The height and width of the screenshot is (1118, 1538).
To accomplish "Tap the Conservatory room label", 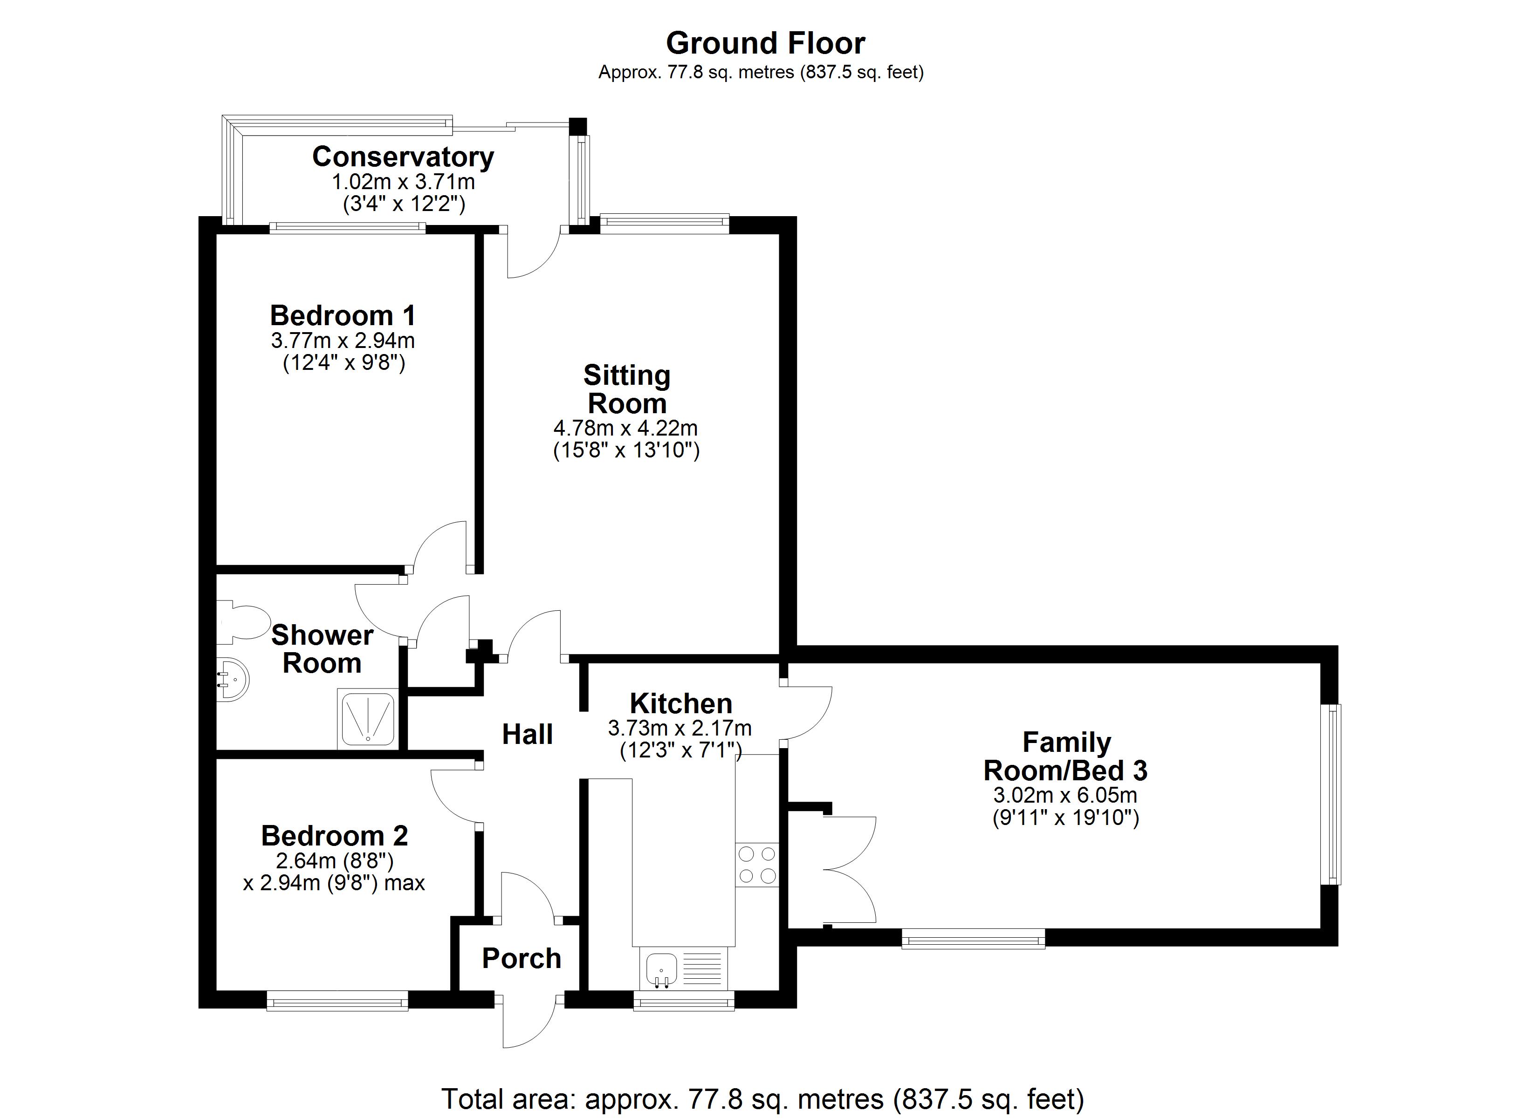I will pos(403,157).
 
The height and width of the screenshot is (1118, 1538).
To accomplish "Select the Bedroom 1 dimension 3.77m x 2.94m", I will pos(343,341).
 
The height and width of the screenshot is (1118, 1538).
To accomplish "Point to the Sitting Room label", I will pos(626,389).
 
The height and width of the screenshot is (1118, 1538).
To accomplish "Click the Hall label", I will pos(527,734).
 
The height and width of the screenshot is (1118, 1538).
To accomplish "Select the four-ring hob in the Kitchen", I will pos(757,865).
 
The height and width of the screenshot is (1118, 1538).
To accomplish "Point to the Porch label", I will pos(522,959).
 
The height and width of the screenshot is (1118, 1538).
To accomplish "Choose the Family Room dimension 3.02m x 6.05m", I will pos(1064,795).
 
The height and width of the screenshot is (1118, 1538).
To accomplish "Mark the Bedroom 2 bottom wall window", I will pos(337,1001).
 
